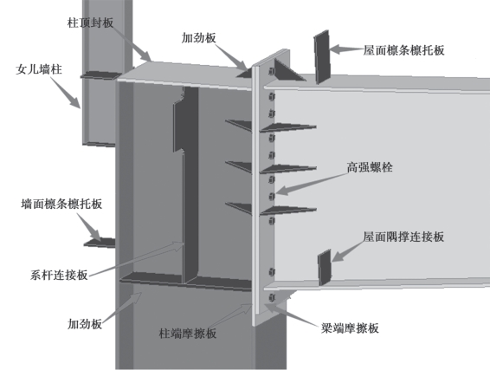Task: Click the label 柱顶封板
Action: [90, 23]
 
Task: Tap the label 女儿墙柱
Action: [39, 69]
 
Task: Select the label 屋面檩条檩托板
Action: [403, 50]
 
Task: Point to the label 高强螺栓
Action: [370, 167]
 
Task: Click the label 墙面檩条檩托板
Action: [61, 204]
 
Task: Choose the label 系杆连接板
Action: [59, 275]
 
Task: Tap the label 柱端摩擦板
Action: [188, 334]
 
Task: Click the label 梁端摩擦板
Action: [350, 328]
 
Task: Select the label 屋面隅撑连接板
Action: [403, 237]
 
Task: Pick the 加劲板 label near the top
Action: [199, 38]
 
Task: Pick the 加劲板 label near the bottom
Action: [85, 324]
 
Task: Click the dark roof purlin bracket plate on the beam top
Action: [322, 57]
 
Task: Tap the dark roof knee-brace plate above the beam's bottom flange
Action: [325, 268]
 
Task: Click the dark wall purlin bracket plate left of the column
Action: [100, 243]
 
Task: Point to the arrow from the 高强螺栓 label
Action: [312, 185]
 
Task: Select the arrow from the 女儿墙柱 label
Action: [66, 92]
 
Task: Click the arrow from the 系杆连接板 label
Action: [137, 259]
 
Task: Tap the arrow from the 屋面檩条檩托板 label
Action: [346, 49]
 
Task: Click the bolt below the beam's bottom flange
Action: [272, 298]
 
